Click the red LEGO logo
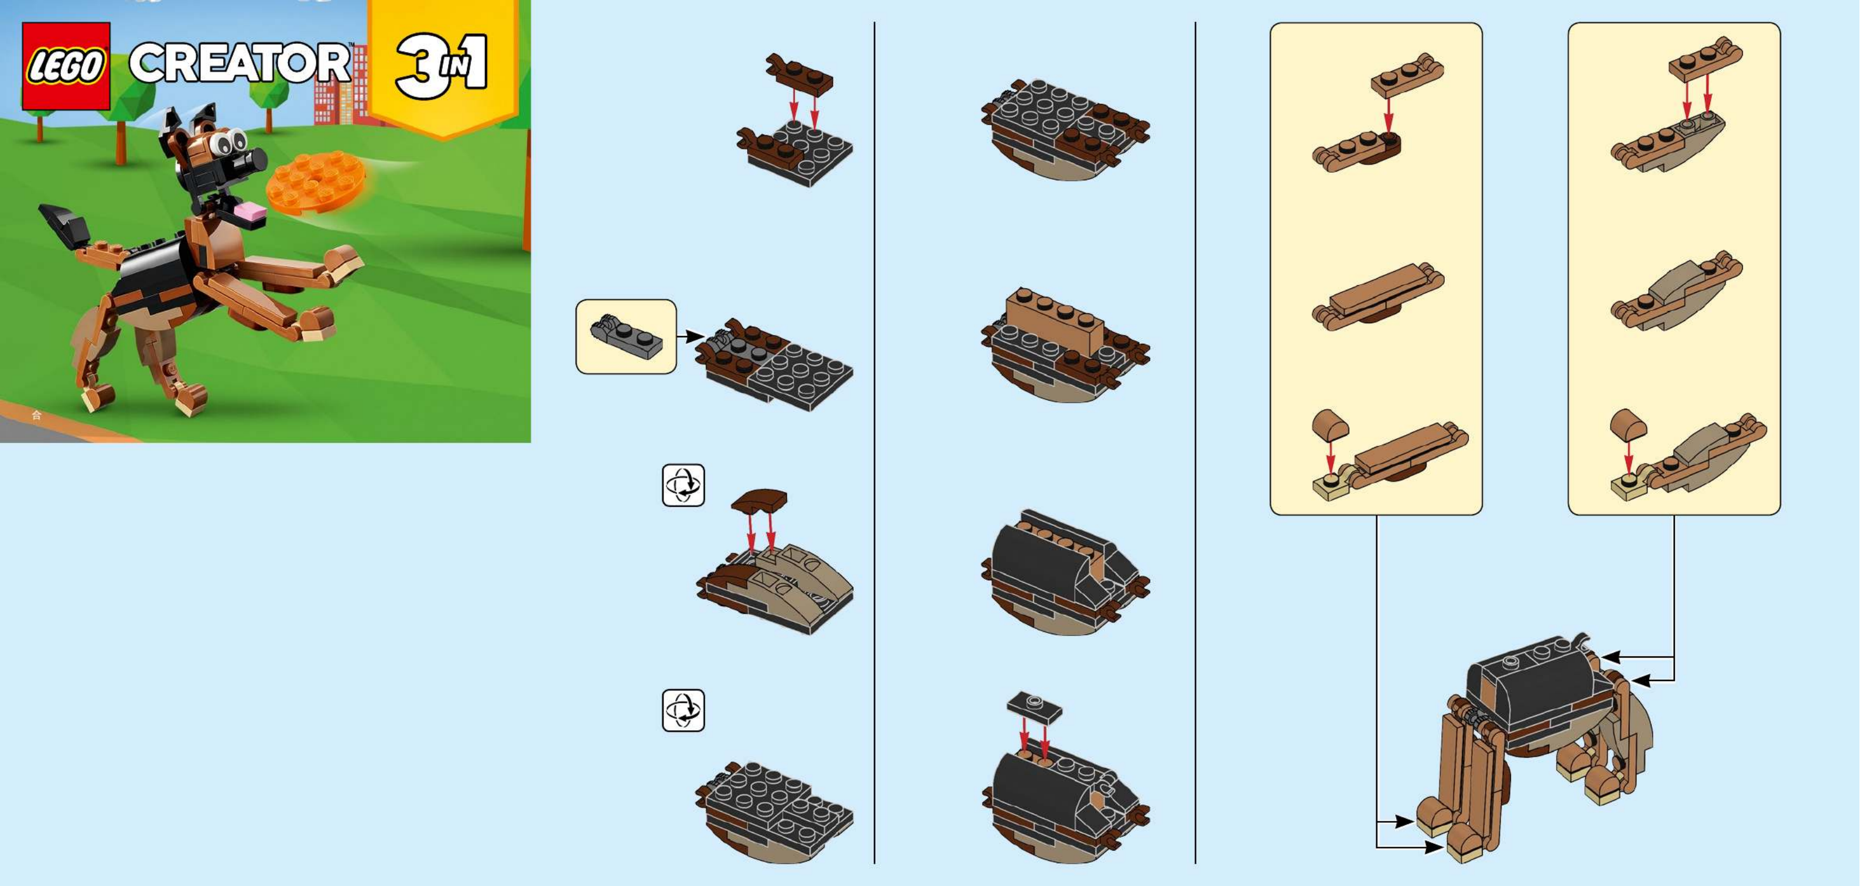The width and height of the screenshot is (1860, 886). (x=66, y=66)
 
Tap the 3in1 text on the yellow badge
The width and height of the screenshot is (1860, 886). (x=441, y=65)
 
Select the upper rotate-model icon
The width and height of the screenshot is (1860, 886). (x=683, y=485)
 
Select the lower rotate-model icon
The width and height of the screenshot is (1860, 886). (x=683, y=710)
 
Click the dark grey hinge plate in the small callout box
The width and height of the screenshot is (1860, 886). (x=626, y=337)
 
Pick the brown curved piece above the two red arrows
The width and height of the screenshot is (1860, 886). (x=759, y=500)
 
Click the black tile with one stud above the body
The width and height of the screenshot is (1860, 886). (x=1034, y=706)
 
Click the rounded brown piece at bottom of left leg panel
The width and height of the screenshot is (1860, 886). (x=1329, y=425)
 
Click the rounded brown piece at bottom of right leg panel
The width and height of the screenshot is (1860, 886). (x=1627, y=425)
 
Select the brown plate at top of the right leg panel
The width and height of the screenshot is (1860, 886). (x=1705, y=59)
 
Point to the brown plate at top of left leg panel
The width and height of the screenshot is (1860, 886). (x=1407, y=74)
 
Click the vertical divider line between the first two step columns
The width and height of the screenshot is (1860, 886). (x=874, y=443)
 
